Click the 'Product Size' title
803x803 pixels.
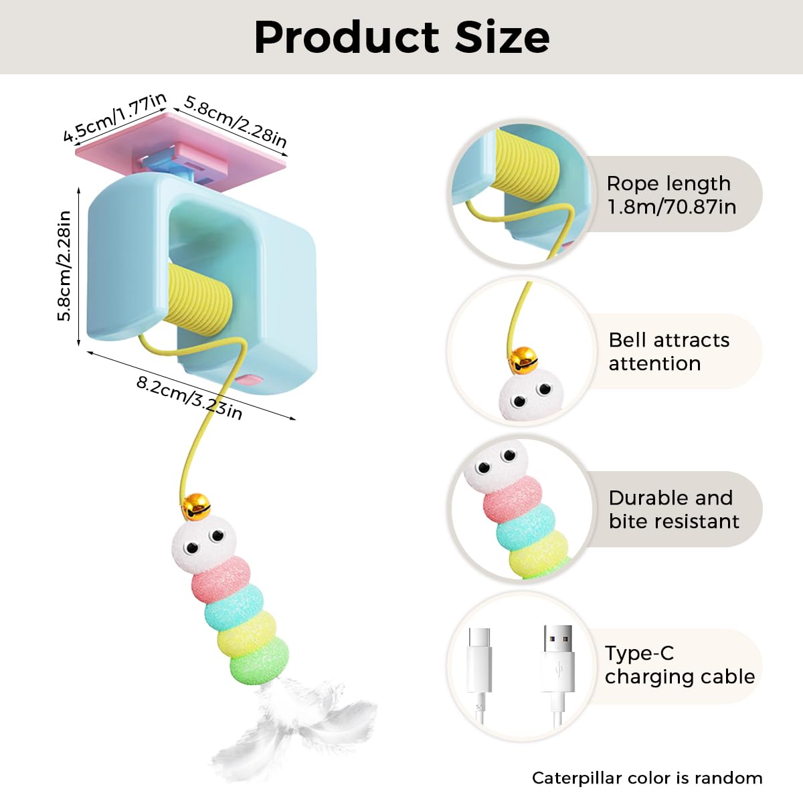401,37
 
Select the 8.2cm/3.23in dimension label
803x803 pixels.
189,397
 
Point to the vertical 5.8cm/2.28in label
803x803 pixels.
65,266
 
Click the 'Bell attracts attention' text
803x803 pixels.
668,351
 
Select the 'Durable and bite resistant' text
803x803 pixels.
673,509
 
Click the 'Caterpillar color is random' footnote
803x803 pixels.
647,778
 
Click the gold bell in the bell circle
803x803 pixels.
523,359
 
